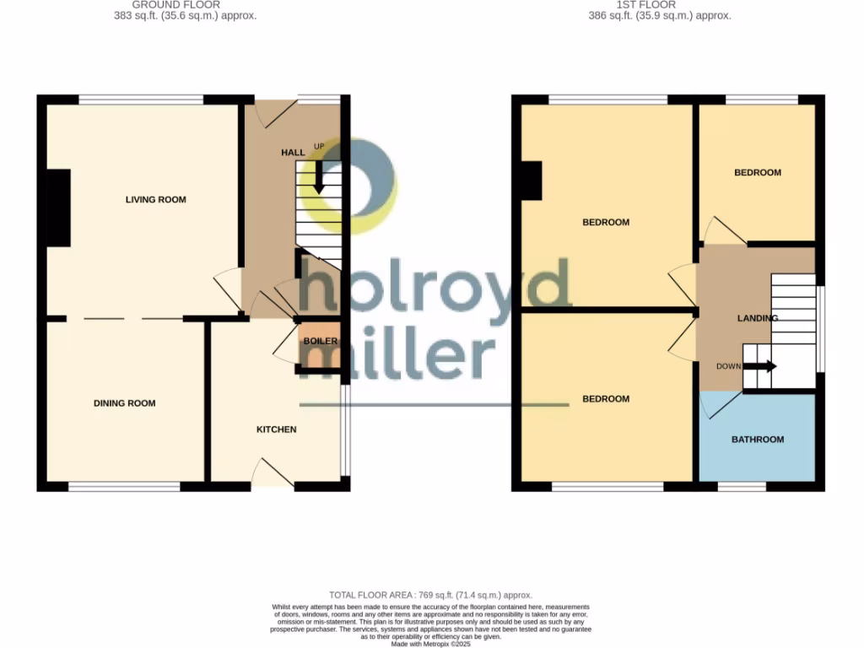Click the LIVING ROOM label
[x=155, y=200]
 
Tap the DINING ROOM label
[x=124, y=403]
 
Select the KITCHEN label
[x=276, y=429]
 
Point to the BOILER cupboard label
[x=321, y=342]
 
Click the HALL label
[x=293, y=152]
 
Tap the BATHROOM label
[x=757, y=440]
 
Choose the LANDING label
[x=757, y=318]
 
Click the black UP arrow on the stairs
[x=320, y=176]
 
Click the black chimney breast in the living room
[x=57, y=208]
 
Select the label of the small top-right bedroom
[x=757, y=173]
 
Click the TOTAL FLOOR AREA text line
[x=430, y=595]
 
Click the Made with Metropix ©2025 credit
[x=431, y=643]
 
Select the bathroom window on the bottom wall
[x=742, y=487]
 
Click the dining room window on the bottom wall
[x=124, y=487]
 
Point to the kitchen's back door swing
[x=272, y=472]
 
